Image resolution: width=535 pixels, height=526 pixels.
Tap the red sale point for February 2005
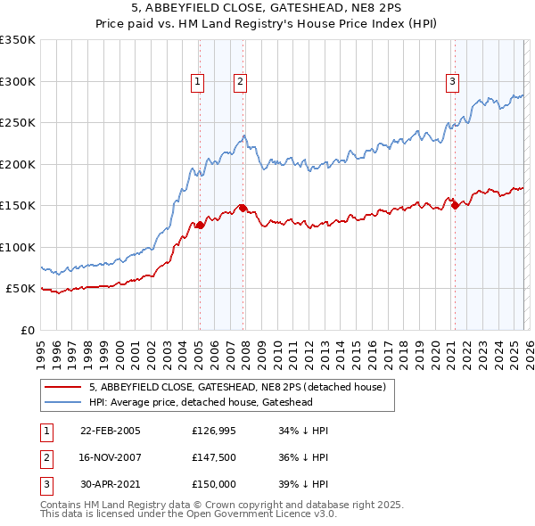point(200,226)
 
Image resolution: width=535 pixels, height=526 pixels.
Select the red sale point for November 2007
point(243,208)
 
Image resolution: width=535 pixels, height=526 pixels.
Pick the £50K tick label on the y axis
point(21,289)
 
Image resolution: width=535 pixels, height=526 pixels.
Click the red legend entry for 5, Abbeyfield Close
point(236,387)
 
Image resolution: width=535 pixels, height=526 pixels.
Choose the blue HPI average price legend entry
point(213,402)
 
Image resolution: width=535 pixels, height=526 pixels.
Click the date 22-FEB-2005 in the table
point(111,431)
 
